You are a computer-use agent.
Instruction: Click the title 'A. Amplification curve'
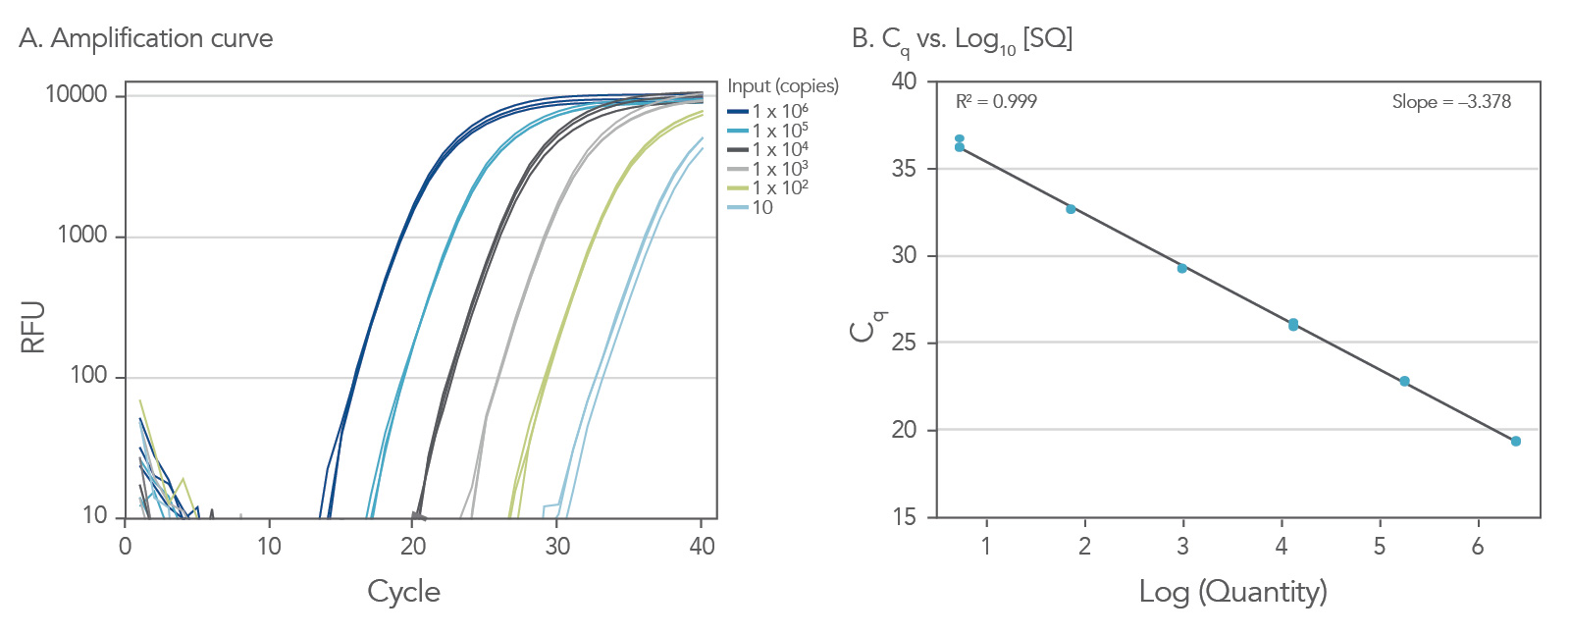(145, 38)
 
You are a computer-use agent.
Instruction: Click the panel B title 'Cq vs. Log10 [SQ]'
(962, 39)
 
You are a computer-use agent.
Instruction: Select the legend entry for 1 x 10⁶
(779, 111)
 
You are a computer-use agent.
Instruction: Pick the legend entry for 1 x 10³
(779, 169)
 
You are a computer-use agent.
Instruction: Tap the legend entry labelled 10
(761, 207)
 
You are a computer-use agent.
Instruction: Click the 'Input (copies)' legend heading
(783, 86)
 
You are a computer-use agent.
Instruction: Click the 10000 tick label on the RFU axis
(76, 95)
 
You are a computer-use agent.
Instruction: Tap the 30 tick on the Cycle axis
(557, 547)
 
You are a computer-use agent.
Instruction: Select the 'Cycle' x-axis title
(403, 591)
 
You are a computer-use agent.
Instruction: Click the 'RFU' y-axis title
(32, 327)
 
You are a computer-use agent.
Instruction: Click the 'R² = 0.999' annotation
(996, 102)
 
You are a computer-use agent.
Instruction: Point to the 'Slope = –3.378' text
(1451, 102)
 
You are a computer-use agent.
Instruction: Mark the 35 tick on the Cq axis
(904, 169)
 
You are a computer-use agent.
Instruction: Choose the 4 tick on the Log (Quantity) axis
(1281, 547)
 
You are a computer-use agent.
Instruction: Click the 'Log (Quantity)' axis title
(1232, 591)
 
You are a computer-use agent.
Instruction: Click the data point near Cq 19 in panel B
(1516, 442)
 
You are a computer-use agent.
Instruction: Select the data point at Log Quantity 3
(1182, 268)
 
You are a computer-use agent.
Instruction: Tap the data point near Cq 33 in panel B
(1071, 209)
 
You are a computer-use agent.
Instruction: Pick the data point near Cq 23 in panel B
(1404, 381)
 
